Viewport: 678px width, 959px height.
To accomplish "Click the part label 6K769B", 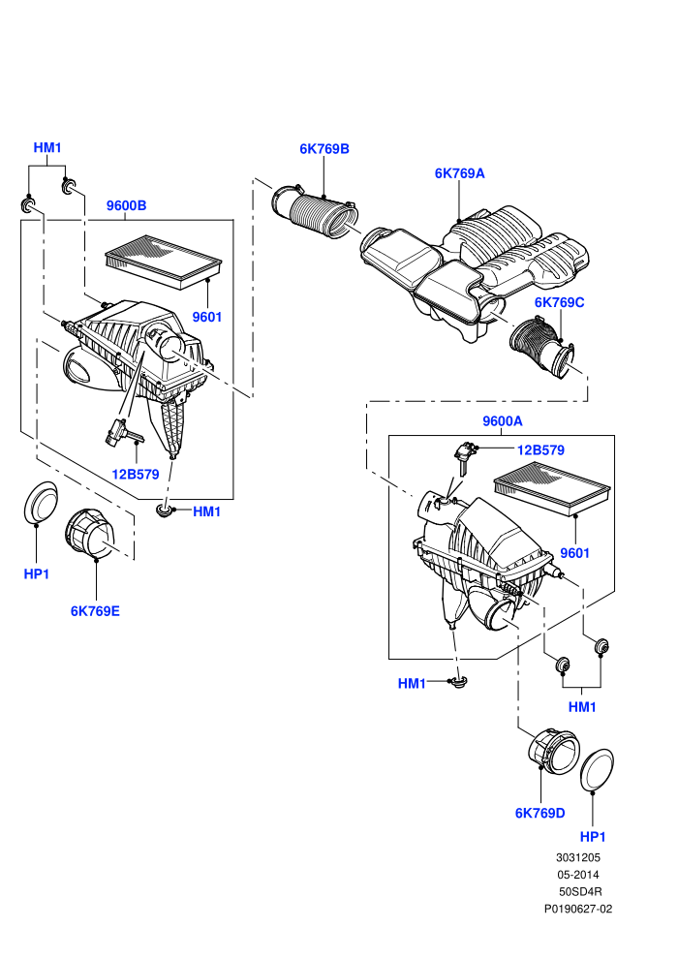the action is pos(324,148).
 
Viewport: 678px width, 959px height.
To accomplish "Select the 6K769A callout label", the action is pos(460,173).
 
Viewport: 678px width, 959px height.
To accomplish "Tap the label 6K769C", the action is pos(560,302).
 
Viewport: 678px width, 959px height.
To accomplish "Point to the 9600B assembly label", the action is pos(127,205).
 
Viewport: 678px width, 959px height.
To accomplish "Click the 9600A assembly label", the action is pos(503,420).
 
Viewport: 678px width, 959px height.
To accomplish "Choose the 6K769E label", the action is pos(95,611).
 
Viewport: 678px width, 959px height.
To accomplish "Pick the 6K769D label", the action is pos(540,813).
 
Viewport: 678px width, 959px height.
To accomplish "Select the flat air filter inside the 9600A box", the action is pos(552,491).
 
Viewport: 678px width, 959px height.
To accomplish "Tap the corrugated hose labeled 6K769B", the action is pos(316,212).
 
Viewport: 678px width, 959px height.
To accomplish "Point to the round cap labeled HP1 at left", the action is pos(41,502).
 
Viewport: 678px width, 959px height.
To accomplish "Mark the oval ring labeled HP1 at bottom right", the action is pos(597,769).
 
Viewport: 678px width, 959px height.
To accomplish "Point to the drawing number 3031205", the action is pos(577,857).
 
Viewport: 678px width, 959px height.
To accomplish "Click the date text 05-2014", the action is pos(577,875).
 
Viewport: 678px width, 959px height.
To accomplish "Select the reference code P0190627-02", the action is pos(578,909).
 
